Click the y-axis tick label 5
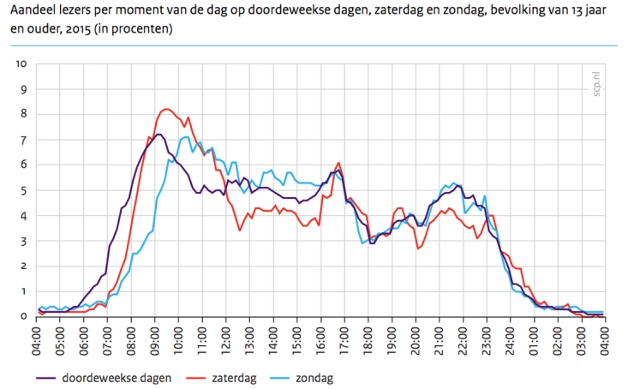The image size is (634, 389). click(24, 190)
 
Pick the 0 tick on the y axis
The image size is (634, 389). click(24, 316)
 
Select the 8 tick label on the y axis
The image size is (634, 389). click(24, 115)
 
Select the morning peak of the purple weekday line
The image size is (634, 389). click(158, 135)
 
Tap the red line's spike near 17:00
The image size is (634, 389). click(339, 163)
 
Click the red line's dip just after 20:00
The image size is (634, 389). click(418, 248)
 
